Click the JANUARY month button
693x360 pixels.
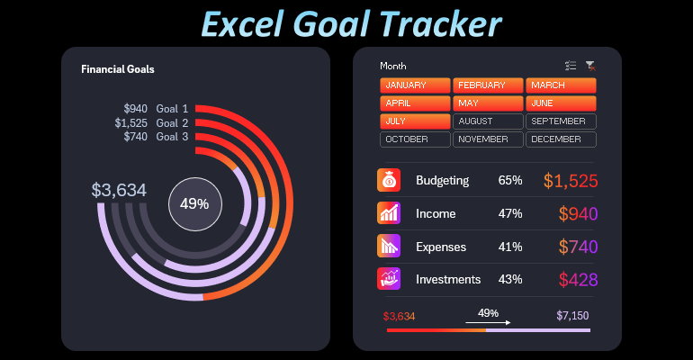415,85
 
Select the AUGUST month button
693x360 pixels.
488,121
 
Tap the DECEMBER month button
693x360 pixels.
561,139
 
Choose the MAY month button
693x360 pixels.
488,103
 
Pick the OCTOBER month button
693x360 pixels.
415,139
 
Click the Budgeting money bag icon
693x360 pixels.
389,180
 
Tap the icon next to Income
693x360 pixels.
389,213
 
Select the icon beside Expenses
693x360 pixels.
389,246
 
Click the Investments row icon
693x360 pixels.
389,279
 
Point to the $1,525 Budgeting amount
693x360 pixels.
571,181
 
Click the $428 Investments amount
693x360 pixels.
578,280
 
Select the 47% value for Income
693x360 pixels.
510,214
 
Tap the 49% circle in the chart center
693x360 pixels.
194,203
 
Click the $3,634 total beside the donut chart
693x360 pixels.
119,190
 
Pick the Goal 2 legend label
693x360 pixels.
172,123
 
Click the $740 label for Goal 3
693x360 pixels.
135,137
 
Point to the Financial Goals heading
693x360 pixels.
117,69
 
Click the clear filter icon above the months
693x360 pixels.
590,66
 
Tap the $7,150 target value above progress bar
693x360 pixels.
573,316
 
